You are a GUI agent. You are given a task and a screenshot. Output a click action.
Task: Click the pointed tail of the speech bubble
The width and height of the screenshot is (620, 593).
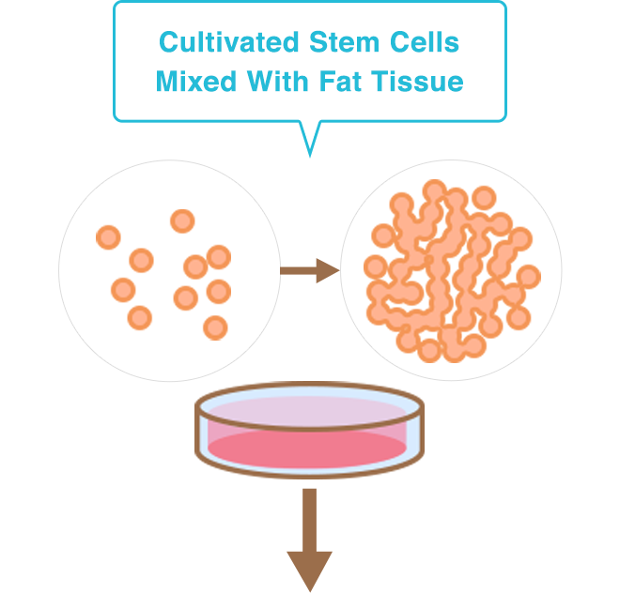tap(309, 139)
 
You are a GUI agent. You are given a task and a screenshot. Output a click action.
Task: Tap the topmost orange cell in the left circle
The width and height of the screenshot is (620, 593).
tap(182, 221)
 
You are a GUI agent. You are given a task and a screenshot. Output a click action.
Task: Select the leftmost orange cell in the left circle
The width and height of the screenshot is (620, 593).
tap(108, 237)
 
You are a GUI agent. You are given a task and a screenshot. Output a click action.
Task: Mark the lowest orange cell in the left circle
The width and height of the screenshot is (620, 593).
tap(215, 327)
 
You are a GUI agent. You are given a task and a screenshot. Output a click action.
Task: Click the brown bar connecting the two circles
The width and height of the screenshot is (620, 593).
tap(309, 271)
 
